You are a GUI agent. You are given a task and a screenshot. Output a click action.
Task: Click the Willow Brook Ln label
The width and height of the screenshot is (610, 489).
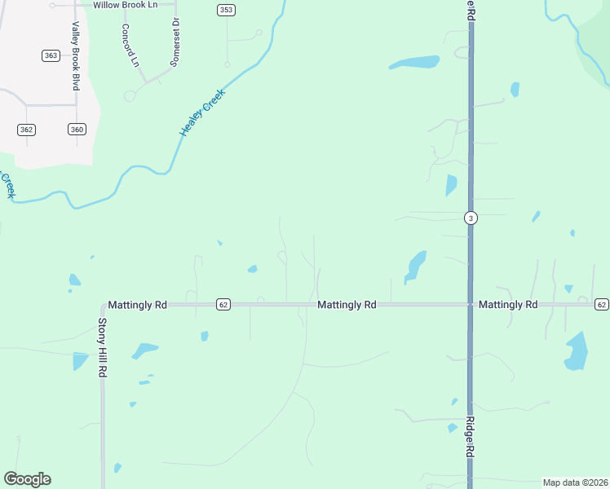[125, 5]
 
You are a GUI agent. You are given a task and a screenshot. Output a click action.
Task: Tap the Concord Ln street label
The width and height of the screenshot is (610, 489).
[130, 45]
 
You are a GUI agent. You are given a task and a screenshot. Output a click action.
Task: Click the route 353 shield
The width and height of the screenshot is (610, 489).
[226, 10]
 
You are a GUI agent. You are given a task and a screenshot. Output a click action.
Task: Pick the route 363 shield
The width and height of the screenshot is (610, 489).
[51, 55]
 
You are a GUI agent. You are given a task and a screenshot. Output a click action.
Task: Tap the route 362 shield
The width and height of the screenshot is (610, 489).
[26, 130]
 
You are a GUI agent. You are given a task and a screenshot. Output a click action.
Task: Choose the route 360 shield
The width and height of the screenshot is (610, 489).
[77, 130]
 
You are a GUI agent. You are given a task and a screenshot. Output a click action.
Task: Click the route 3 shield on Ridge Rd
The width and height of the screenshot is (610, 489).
[471, 218]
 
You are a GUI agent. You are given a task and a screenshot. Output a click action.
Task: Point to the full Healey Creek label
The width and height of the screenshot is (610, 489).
[201, 113]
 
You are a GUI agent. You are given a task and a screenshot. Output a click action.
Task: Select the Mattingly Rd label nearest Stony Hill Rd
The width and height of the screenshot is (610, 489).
[137, 305]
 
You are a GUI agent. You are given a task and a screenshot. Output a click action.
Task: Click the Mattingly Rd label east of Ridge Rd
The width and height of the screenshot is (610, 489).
[508, 305]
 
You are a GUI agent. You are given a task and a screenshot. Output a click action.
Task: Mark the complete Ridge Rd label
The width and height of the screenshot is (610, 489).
[471, 438]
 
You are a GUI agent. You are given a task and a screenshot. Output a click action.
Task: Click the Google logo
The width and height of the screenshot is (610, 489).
[28, 479]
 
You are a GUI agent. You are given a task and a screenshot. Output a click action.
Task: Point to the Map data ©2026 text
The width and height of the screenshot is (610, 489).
[575, 482]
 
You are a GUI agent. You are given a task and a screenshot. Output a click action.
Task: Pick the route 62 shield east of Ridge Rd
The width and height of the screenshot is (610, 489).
[602, 305]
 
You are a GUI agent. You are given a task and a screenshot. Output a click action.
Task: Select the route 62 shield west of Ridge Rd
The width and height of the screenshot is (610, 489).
[223, 305]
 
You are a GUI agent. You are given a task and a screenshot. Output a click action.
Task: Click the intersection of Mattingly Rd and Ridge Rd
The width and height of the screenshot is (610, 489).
[471, 305]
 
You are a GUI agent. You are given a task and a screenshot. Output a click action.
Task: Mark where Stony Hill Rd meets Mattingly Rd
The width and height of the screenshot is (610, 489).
[103, 305]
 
